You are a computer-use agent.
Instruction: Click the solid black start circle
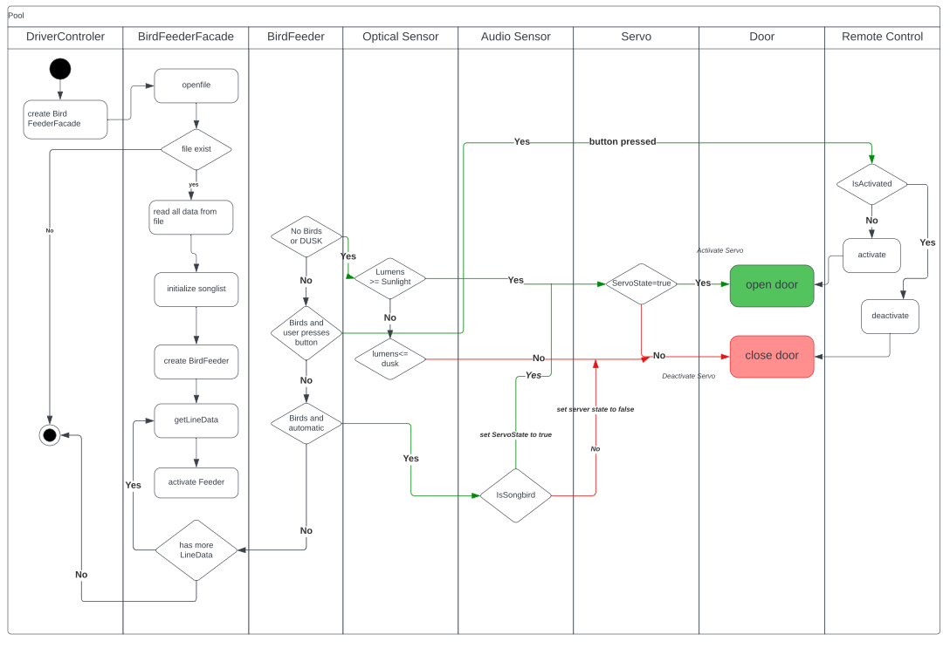(60, 69)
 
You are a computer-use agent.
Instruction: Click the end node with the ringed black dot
(50, 434)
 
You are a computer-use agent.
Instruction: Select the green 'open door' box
(772, 285)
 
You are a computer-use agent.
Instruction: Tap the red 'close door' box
(772, 357)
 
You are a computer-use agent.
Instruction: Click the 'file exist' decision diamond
(196, 149)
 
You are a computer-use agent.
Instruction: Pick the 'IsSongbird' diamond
(516, 495)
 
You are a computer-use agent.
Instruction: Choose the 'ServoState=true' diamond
(642, 283)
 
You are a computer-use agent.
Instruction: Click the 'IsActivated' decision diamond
(871, 184)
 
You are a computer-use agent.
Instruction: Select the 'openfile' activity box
(196, 85)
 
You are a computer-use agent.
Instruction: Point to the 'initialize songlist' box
(196, 289)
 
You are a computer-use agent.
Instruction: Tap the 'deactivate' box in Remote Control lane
(890, 316)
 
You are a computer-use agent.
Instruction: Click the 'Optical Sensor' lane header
(401, 37)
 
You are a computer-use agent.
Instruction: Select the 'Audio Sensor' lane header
(516, 37)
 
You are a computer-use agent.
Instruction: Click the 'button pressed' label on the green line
(623, 141)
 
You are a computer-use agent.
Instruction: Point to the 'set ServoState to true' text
(516, 434)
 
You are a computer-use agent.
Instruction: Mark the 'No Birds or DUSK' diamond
(306, 236)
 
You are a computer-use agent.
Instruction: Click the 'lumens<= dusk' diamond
(390, 358)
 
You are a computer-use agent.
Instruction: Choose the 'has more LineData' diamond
(196, 550)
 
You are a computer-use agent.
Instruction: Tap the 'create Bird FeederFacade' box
(65, 119)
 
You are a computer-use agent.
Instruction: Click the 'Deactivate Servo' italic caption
(688, 376)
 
